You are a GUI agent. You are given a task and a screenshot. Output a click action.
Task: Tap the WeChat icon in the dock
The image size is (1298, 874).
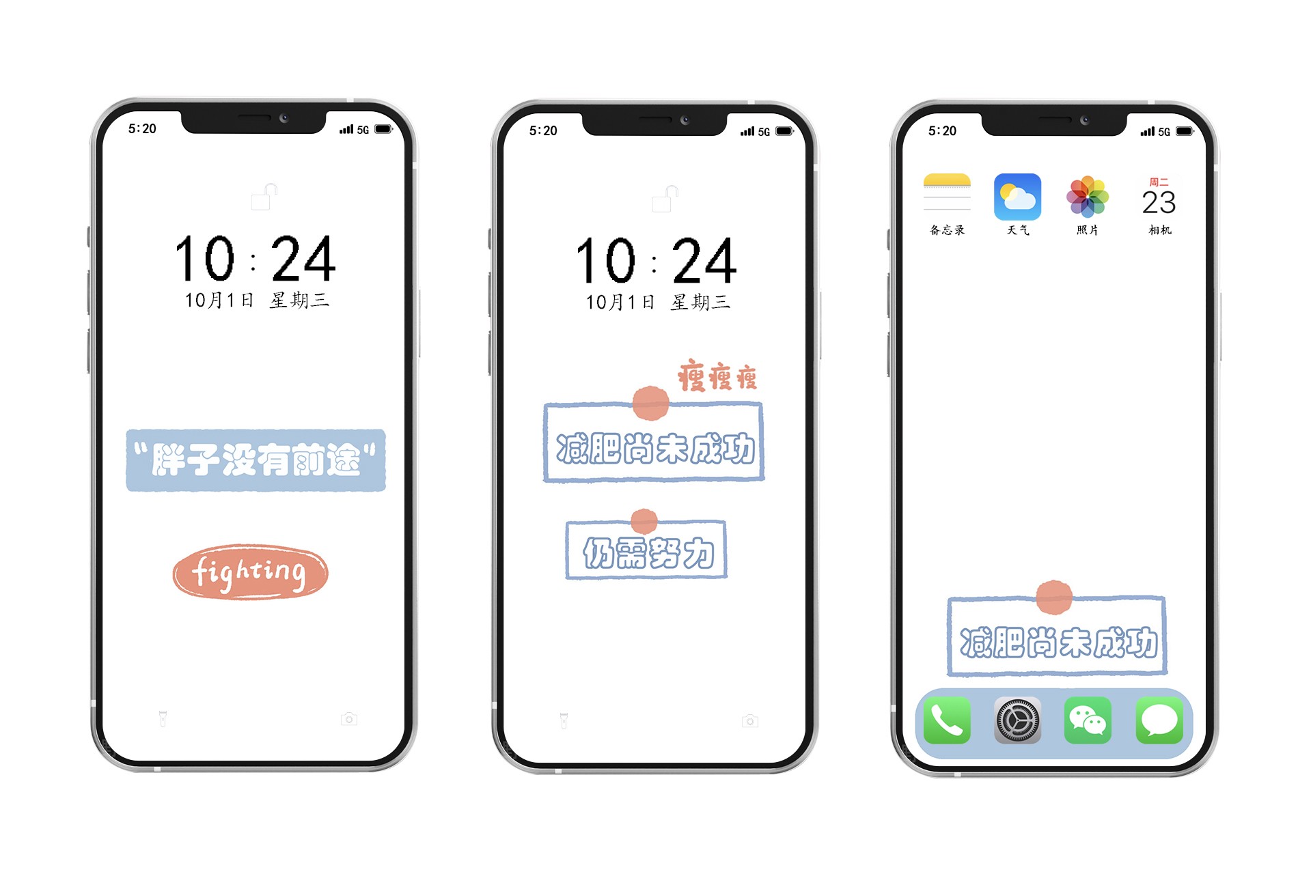pyautogui.click(x=1088, y=720)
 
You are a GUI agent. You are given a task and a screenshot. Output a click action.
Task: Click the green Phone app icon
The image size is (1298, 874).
pyautogui.click(x=947, y=720)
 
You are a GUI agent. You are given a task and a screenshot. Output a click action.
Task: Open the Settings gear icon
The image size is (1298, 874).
pyautogui.click(x=1017, y=720)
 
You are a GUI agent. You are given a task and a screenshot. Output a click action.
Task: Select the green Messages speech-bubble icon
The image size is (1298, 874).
pyautogui.click(x=1159, y=720)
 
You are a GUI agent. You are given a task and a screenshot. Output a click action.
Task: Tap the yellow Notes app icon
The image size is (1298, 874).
pyautogui.click(x=947, y=197)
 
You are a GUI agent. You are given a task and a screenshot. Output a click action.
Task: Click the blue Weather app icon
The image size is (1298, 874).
pyautogui.click(x=1017, y=197)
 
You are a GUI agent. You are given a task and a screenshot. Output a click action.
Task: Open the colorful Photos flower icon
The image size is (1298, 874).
pyautogui.click(x=1088, y=197)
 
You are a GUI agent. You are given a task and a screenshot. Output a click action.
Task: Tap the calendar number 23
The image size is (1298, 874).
pyautogui.click(x=1159, y=202)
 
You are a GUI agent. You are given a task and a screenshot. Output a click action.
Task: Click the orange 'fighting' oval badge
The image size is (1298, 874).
pyautogui.click(x=250, y=572)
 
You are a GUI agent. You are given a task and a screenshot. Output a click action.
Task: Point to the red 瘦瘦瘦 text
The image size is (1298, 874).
pyautogui.click(x=717, y=376)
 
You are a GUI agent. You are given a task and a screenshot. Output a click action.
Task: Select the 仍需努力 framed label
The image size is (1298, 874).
pyautogui.click(x=646, y=550)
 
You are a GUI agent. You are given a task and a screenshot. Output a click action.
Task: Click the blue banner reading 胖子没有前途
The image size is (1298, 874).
pyautogui.click(x=256, y=460)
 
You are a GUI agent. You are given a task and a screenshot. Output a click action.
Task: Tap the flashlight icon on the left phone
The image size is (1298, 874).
pyautogui.click(x=163, y=718)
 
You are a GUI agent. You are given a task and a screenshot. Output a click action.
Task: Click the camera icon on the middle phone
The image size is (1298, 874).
pyautogui.click(x=750, y=721)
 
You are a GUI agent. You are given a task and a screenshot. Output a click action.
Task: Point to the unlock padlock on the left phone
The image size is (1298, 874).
pyautogui.click(x=264, y=197)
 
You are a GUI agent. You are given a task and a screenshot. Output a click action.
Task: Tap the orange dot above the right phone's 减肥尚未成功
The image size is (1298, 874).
pyautogui.click(x=1054, y=597)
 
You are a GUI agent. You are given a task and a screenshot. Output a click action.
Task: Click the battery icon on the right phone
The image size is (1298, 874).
pyautogui.click(x=1185, y=131)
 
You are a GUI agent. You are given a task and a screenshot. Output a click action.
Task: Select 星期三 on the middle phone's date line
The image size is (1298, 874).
pyautogui.click(x=700, y=302)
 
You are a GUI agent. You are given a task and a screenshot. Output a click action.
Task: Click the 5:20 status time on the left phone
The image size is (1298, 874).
pyautogui.click(x=142, y=128)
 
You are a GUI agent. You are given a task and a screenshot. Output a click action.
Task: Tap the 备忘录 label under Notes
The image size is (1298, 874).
pyautogui.click(x=947, y=230)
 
